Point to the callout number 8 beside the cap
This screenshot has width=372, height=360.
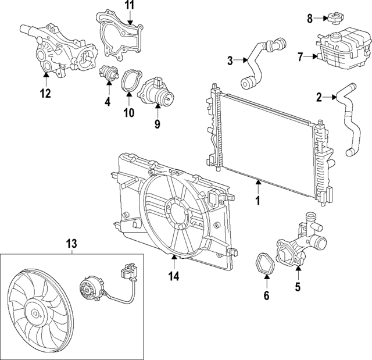(x=310, y=19)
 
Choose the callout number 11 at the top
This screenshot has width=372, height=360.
(x=129, y=6)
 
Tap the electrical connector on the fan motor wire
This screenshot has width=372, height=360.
(x=129, y=271)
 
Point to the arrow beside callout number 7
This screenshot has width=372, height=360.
(x=312, y=56)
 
